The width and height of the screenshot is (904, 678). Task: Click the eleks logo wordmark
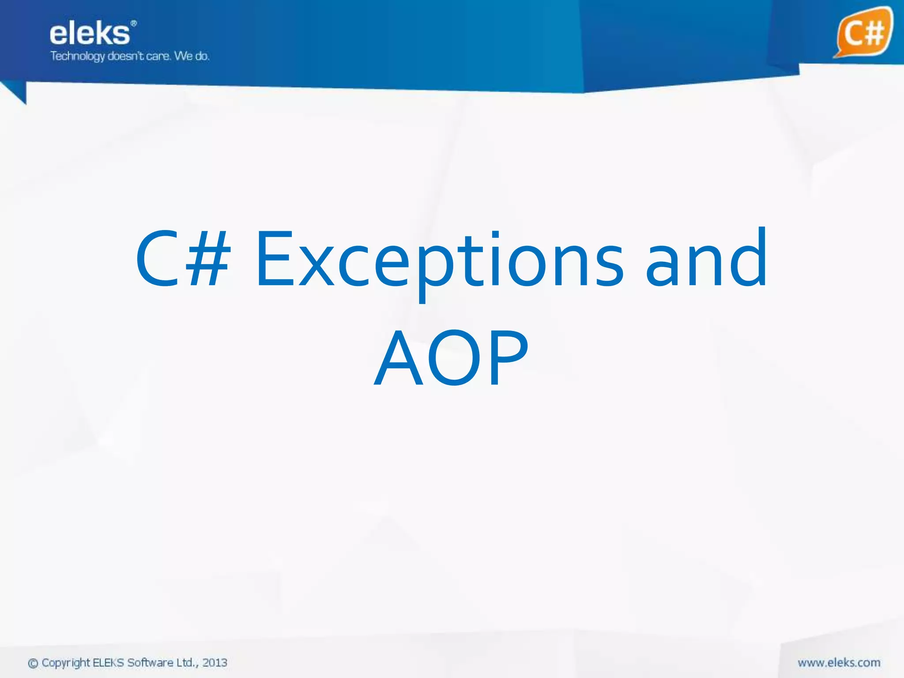tap(90, 34)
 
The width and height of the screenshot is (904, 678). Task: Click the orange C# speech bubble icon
tap(863, 32)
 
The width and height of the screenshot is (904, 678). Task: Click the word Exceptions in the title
tap(439, 260)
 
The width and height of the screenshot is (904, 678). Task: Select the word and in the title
tap(706, 258)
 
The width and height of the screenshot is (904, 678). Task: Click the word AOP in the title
tap(451, 358)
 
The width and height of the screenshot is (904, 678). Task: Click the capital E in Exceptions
tap(274, 259)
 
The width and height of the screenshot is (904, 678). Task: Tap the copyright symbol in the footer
tap(33, 663)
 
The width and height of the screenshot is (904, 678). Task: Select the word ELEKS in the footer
tap(109, 663)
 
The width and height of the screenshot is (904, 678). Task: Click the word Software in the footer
tap(150, 663)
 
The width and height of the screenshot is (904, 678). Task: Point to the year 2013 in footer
tap(215, 663)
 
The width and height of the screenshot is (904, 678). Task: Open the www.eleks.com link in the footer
tap(839, 663)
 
